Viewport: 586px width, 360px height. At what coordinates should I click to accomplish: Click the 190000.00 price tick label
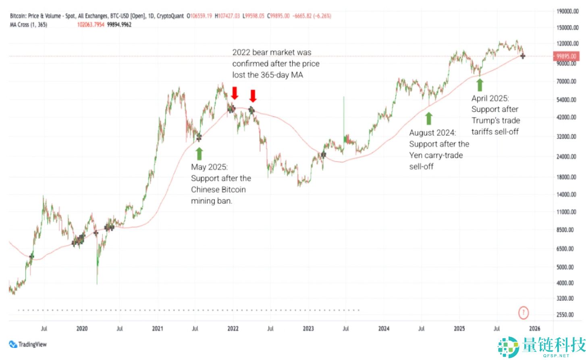[567, 11]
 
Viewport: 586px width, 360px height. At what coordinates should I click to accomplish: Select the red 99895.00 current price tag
[566, 56]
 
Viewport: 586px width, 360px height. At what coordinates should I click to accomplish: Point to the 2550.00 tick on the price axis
[565, 314]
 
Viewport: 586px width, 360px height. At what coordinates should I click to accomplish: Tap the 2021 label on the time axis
[158, 329]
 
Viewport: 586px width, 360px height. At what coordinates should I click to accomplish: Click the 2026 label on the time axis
[534, 329]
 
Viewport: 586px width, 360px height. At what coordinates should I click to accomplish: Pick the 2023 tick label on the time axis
[308, 329]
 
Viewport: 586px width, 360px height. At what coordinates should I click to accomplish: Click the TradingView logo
[28, 344]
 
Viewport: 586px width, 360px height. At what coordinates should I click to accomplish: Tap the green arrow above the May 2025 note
[199, 153]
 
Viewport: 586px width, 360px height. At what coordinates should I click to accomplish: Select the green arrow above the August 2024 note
[429, 118]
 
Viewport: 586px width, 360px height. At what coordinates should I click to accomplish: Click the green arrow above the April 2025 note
[480, 85]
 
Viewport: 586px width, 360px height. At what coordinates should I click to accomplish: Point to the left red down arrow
[235, 93]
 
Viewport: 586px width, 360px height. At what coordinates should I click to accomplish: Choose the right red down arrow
[253, 96]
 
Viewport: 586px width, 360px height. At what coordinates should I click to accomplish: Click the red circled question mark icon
[523, 312]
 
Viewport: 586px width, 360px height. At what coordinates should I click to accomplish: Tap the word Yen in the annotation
[416, 155]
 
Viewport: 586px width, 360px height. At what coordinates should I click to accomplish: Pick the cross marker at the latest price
[523, 56]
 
